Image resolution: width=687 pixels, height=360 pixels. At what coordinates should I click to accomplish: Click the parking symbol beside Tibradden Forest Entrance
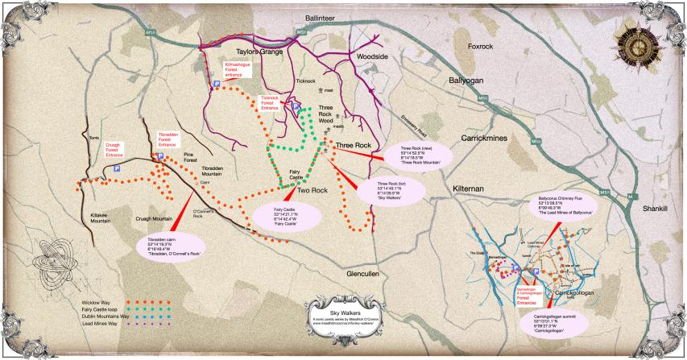click(x=160, y=155)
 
